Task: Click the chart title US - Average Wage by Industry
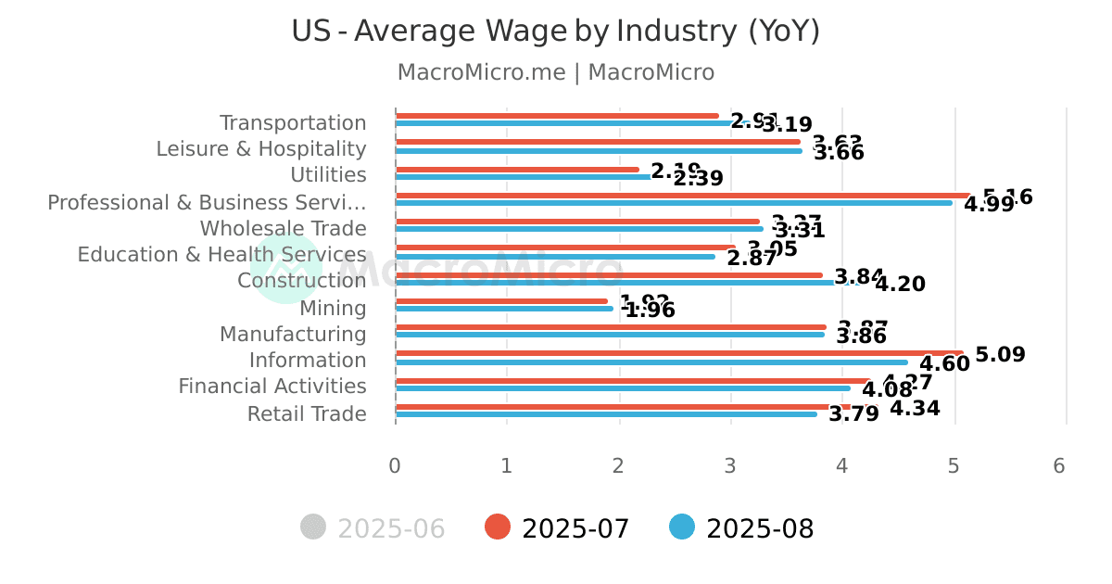[x=555, y=32]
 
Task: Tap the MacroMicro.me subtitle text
[x=555, y=72]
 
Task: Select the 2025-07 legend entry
[x=558, y=528]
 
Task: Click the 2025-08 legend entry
[x=741, y=528]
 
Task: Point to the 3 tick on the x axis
[x=730, y=465]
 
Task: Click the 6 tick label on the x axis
[x=1059, y=465]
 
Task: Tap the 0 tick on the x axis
[x=395, y=465]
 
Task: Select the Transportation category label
[x=293, y=123]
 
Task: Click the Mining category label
[x=333, y=309]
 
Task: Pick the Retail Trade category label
[x=307, y=414]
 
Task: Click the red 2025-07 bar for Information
[x=678, y=353]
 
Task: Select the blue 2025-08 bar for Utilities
[x=523, y=177]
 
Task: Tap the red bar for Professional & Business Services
[x=682, y=196]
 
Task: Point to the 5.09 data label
[x=1000, y=355]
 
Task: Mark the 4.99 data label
[x=989, y=205]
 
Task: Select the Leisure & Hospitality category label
[x=261, y=149]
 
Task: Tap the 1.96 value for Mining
[x=650, y=311]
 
